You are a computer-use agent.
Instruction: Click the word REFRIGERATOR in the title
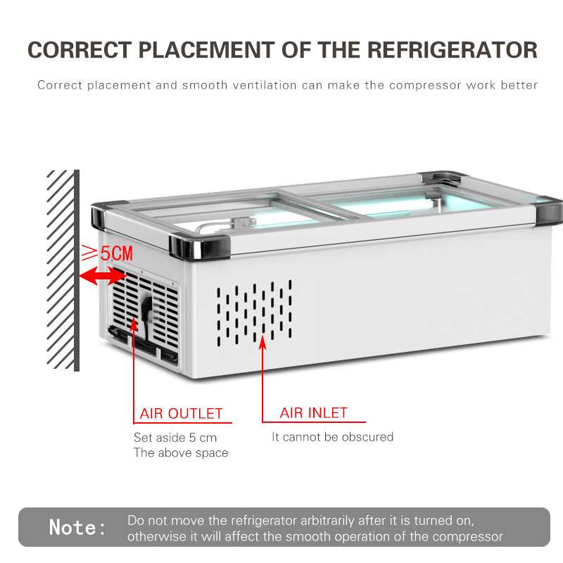tap(453, 50)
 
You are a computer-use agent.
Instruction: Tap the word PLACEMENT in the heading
tap(206, 50)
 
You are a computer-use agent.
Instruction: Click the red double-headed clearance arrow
tap(102, 276)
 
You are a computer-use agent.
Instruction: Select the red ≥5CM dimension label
tap(107, 253)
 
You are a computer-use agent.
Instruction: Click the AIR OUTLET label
tap(182, 414)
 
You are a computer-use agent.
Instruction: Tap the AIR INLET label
tap(313, 413)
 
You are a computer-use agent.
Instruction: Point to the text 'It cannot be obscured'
tap(332, 437)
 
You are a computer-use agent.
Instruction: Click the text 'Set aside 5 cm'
tap(175, 437)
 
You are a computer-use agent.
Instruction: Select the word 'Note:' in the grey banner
tap(77, 527)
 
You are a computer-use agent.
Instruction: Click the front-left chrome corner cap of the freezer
tap(199, 247)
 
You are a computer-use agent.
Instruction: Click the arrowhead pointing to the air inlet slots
tap(262, 342)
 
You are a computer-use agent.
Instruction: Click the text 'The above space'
tap(181, 453)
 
